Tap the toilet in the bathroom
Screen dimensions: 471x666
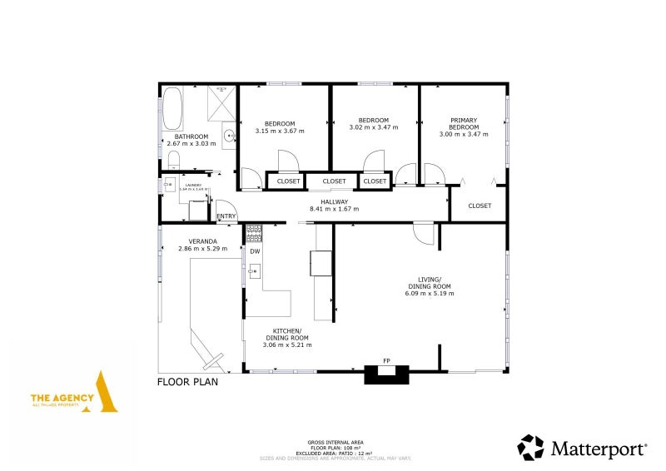[x=174, y=158]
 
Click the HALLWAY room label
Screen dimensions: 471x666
[x=334, y=201]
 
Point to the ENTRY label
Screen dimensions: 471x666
[x=226, y=217]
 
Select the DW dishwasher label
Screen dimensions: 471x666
[x=255, y=251]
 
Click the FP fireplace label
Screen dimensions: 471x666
[x=386, y=360]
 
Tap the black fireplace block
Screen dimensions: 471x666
[x=387, y=374]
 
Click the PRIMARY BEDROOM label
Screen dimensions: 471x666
[x=464, y=124]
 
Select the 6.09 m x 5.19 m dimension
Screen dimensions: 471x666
[x=429, y=294]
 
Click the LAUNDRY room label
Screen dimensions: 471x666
[x=194, y=186]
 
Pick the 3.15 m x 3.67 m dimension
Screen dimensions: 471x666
[x=280, y=131]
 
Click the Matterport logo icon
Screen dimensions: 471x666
[x=530, y=447]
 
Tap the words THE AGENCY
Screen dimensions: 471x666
[x=60, y=398]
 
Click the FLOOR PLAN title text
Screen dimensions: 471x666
[x=188, y=383]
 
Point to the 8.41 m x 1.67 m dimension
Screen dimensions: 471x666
[x=334, y=208]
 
